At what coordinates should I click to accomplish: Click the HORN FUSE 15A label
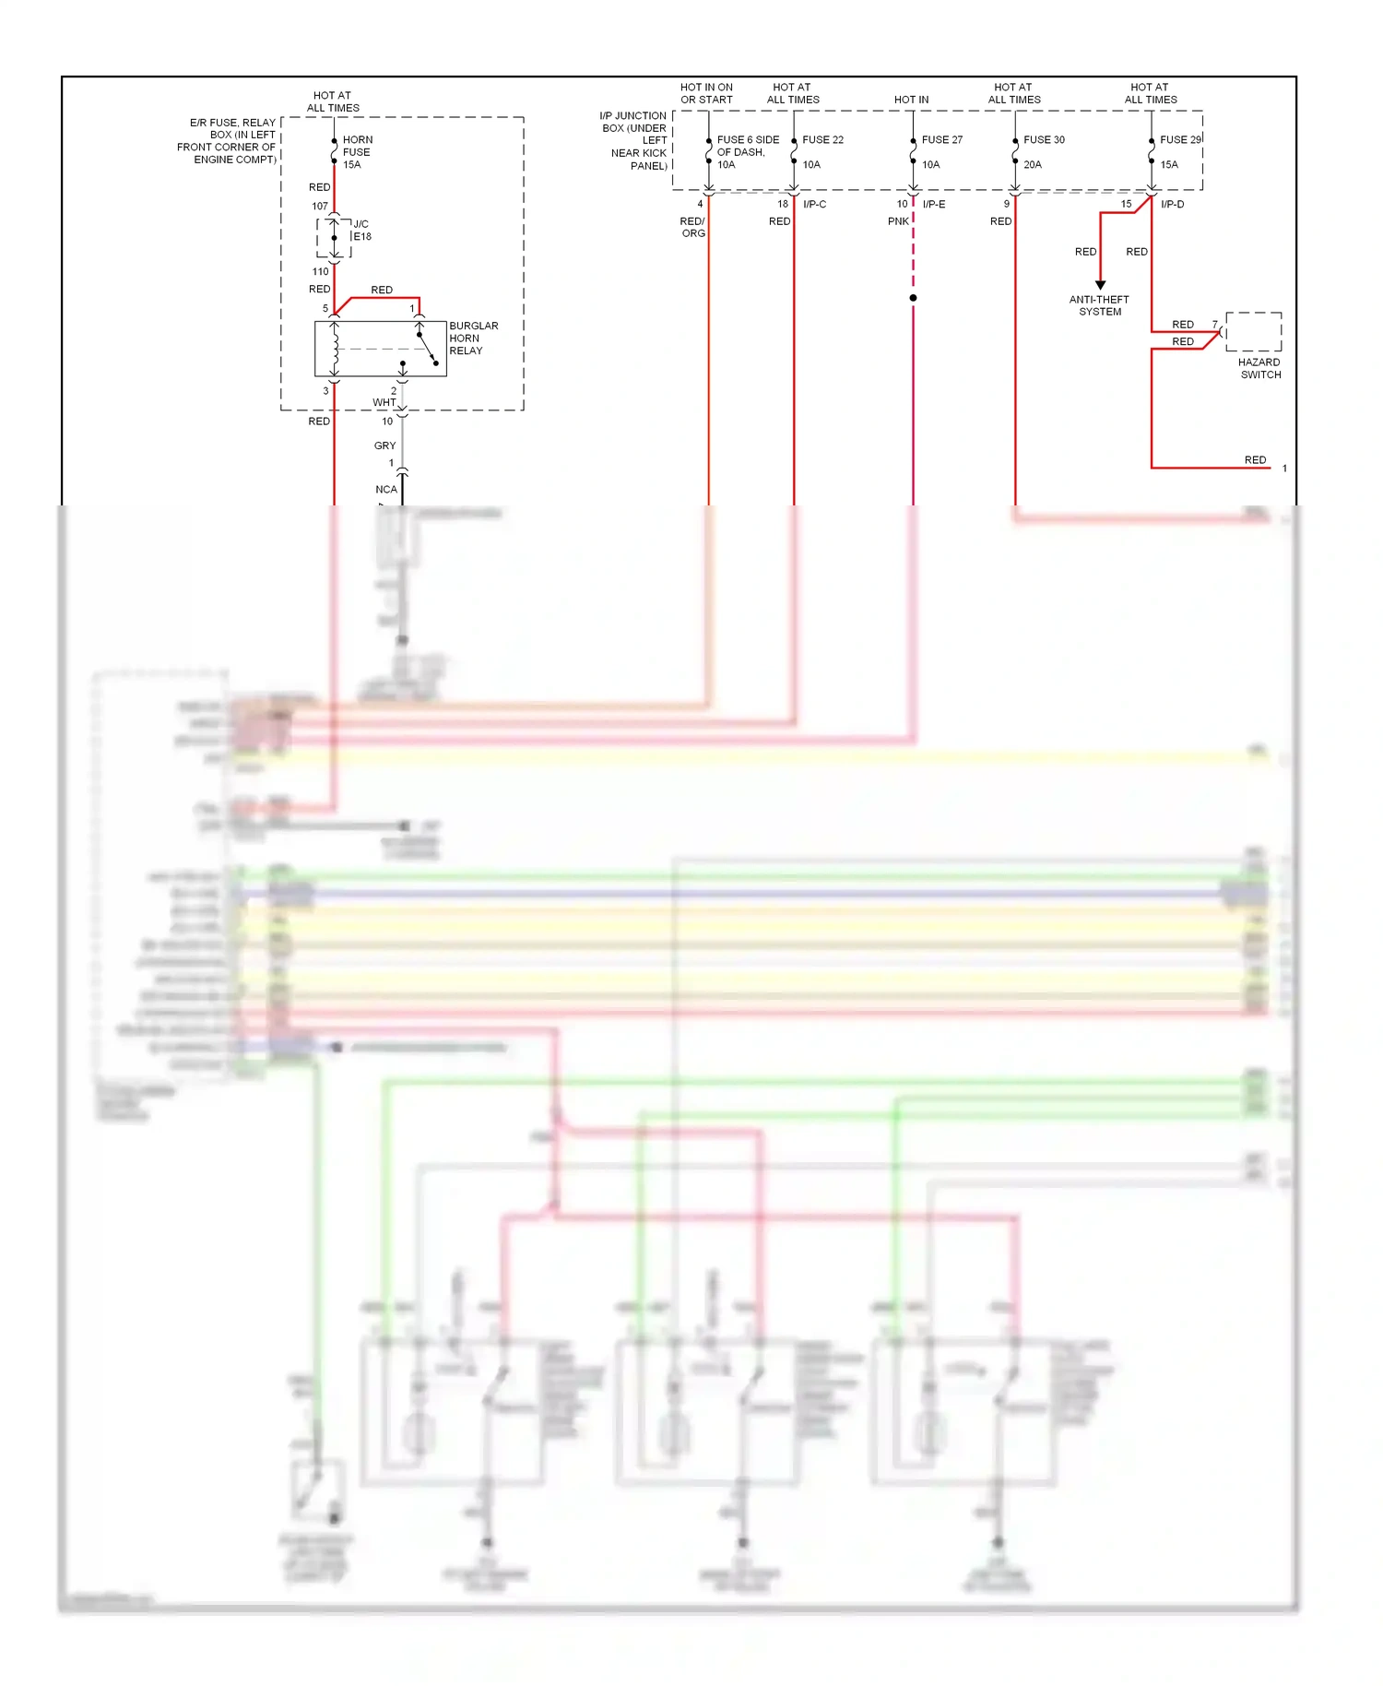pos(357,152)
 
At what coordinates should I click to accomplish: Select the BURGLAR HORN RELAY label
pos(473,338)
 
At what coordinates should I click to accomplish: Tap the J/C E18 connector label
pos(362,231)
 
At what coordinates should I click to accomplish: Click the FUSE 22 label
pos(822,140)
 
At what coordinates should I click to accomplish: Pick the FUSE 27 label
pos(941,140)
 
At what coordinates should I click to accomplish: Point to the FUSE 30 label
pos(1044,140)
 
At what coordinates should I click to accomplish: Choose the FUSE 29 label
pos(1180,140)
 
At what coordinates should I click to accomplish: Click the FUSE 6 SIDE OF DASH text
pos(747,146)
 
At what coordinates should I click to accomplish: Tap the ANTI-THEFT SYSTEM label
pos(1099,305)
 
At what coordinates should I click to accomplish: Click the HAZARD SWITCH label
pos(1259,368)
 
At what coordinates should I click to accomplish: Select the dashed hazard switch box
pos(1253,331)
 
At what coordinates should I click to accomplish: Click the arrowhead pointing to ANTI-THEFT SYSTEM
pos(1100,285)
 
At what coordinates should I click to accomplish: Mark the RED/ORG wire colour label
pos(692,227)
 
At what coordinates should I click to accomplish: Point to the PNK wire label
pos(898,221)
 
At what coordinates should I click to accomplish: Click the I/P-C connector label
pos(814,205)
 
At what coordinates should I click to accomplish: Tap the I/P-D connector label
pos(1172,205)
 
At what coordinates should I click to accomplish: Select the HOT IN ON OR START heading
pos(706,93)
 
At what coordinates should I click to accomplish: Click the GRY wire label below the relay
pos(384,445)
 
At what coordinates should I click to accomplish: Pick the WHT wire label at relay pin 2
pos(384,402)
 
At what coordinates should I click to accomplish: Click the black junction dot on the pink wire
pos(913,298)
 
